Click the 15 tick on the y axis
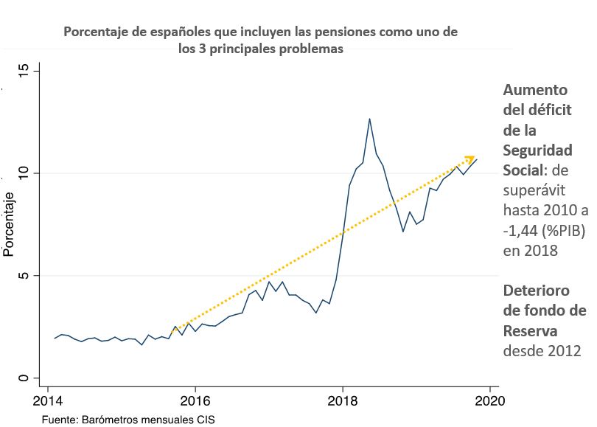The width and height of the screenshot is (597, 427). (x=24, y=70)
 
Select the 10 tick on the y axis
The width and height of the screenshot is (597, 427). (x=24, y=173)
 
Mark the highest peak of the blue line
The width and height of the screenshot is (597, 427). (x=369, y=119)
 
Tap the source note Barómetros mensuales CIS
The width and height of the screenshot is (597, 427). (x=148, y=419)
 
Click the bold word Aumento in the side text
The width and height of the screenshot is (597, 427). (x=534, y=90)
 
